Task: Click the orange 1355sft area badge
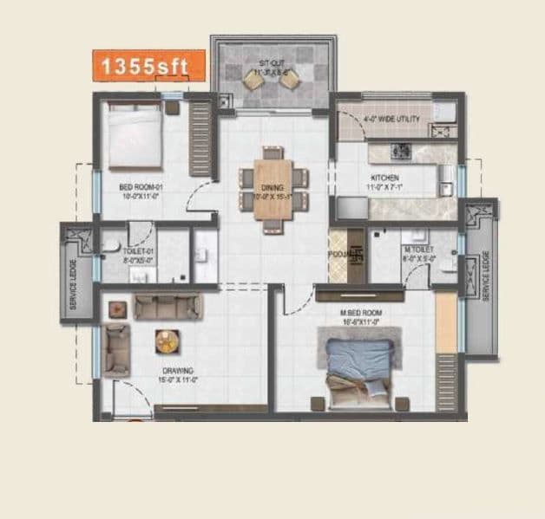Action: coord(148,65)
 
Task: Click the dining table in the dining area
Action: coord(272,189)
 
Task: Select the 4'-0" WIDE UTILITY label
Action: coord(391,120)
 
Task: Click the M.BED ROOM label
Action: coord(362,315)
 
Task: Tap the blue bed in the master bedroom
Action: coord(358,365)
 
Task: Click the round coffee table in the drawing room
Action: coord(167,342)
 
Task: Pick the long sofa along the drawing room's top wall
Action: coord(167,308)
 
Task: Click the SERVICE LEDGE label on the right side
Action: coord(485,276)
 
